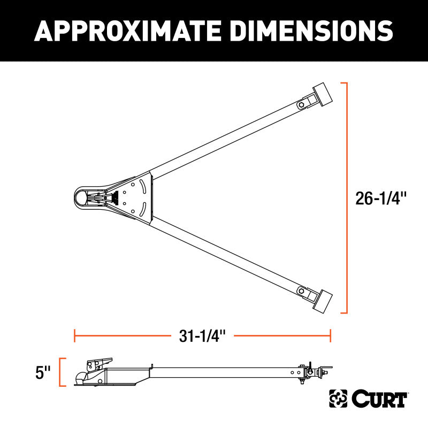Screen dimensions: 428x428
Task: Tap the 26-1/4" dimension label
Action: [x=381, y=198]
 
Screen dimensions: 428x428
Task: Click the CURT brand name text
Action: [x=380, y=399]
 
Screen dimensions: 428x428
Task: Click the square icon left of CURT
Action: [x=338, y=399]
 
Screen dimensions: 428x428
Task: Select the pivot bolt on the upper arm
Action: [x=302, y=103]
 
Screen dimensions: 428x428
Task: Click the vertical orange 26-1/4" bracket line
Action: [x=347, y=198]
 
